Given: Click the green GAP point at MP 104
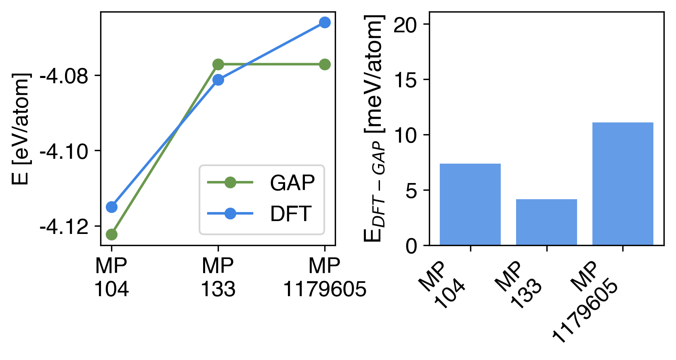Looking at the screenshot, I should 111,234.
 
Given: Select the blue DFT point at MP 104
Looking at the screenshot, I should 111,207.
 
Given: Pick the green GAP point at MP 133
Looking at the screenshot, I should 218,64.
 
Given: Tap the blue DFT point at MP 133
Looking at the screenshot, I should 218,80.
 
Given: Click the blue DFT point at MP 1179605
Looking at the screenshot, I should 325,22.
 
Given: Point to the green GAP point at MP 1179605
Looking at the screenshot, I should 325,64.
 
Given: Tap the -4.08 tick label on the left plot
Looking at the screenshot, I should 64,76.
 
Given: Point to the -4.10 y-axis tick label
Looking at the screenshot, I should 64,151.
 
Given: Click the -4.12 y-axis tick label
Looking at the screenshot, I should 64,227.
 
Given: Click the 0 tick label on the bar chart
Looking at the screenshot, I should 411,246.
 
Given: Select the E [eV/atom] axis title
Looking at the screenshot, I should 21,128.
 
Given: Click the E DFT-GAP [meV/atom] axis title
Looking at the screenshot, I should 374,128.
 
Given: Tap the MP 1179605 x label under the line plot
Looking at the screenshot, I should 325,278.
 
